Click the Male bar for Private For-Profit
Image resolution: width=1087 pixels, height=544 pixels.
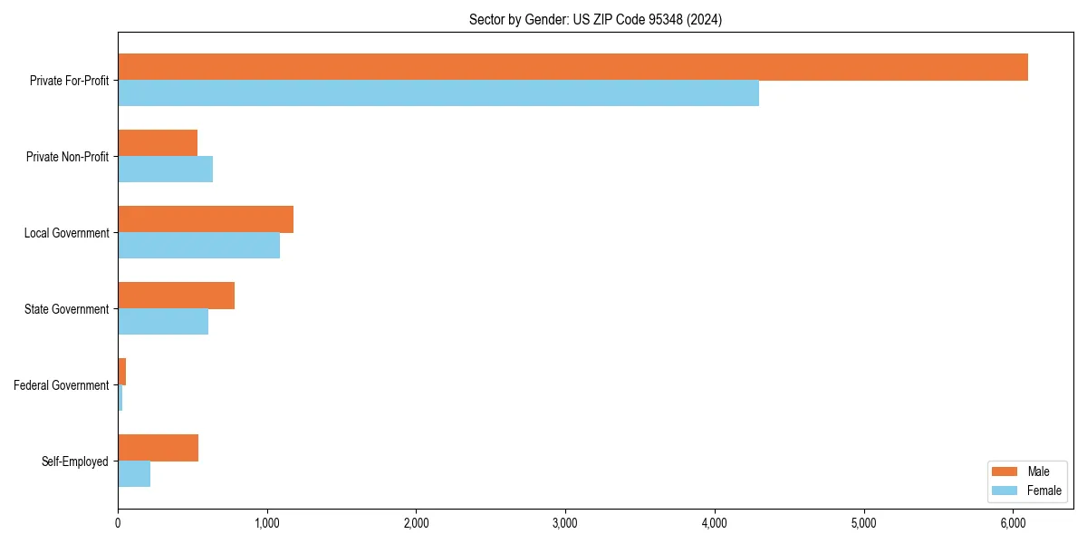coord(572,67)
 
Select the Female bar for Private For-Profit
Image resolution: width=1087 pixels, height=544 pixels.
coord(438,93)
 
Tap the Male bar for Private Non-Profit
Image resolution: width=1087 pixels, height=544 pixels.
coord(158,143)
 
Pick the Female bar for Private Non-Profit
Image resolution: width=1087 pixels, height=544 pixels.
coord(166,170)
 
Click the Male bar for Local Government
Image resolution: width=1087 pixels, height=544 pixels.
coord(206,219)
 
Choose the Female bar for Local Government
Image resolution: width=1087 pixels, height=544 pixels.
coord(199,246)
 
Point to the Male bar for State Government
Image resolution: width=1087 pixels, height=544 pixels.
coord(177,296)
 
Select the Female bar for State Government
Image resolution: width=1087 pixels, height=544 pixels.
coord(163,322)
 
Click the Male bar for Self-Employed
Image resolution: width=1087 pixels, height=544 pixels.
coord(159,448)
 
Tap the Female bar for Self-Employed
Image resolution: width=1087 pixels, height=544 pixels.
coord(134,474)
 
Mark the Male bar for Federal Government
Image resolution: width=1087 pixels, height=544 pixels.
coord(122,372)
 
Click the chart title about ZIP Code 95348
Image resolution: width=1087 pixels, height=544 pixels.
coord(595,19)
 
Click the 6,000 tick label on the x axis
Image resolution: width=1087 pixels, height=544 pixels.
coord(1013,523)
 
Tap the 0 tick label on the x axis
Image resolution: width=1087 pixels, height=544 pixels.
coord(118,523)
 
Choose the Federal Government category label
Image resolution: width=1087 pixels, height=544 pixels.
coord(62,385)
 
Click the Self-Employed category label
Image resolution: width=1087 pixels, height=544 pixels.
coord(75,461)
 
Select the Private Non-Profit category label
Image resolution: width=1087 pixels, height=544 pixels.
coord(67,157)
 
